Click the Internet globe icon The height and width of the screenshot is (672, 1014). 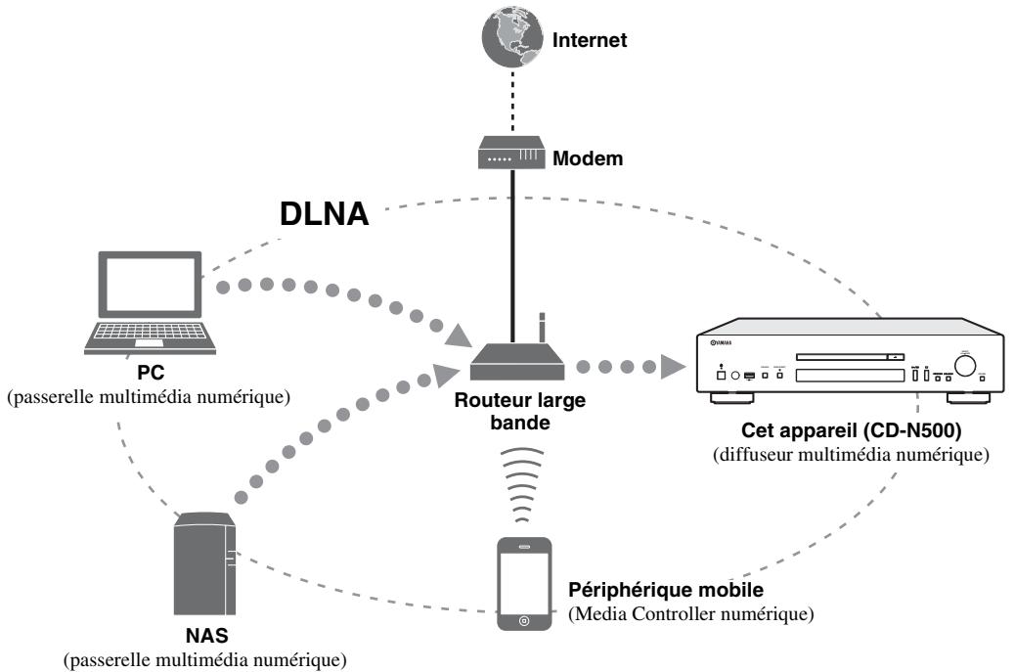[512, 37]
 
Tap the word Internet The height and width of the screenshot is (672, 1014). [589, 40]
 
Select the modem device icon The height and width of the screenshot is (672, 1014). [511, 153]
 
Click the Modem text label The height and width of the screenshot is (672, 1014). [588, 158]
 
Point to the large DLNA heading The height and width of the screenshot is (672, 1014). [324, 213]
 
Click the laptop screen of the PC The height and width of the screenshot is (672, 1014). [150, 285]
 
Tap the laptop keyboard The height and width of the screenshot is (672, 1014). [150, 333]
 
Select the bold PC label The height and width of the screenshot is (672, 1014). [151, 373]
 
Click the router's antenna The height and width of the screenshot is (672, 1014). [542, 328]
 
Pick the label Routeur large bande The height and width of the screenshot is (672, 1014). [520, 412]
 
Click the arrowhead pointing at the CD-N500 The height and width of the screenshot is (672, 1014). [673, 367]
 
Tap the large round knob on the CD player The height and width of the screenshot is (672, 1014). [965, 366]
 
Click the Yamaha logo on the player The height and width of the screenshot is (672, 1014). [721, 342]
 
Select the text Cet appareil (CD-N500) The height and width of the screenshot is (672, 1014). [851, 430]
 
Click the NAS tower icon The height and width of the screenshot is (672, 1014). [204, 563]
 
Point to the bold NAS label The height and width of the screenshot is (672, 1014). [207, 636]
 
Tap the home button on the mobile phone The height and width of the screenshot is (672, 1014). [524, 621]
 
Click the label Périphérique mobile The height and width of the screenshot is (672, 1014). [666, 590]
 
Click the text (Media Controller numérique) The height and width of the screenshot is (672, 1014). [690, 613]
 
